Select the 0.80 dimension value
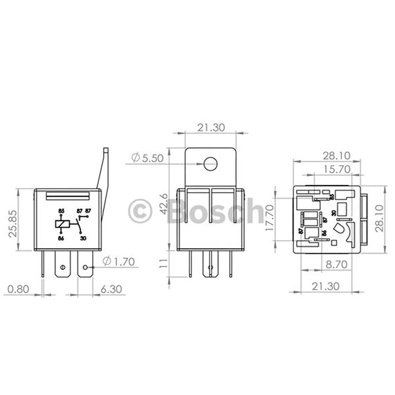(x=18, y=289)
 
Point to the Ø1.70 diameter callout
(x=120, y=261)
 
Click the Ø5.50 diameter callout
(x=145, y=158)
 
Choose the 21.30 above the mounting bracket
(x=210, y=127)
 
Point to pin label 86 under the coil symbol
(x=61, y=238)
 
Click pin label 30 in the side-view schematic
(x=83, y=238)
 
